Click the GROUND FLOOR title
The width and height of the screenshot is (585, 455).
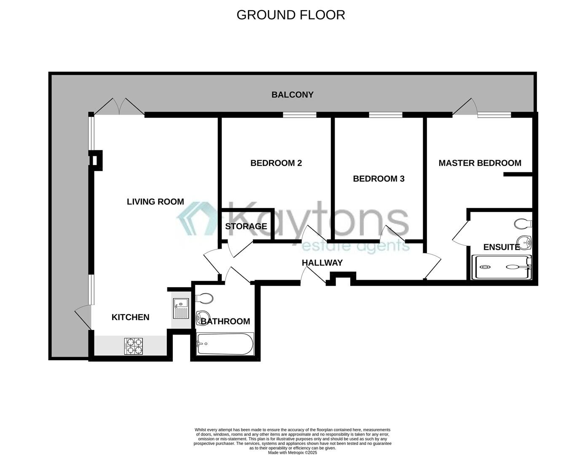(x=290, y=15)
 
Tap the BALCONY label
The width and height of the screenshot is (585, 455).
(x=292, y=95)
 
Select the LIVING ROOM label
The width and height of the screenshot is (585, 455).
(x=155, y=202)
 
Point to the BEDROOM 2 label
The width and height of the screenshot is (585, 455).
(x=276, y=163)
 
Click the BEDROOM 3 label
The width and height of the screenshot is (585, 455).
(x=378, y=179)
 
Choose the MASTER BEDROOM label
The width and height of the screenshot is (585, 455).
(x=480, y=163)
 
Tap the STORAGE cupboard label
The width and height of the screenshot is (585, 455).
(x=246, y=226)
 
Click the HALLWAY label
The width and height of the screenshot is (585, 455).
(x=322, y=263)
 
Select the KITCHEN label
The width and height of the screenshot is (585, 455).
(x=130, y=317)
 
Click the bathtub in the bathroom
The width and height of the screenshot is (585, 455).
(x=225, y=344)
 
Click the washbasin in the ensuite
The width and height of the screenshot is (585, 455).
(x=525, y=242)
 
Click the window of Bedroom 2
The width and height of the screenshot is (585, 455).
(x=299, y=115)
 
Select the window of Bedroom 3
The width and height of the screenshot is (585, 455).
(x=385, y=115)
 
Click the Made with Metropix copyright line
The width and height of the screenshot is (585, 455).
(x=292, y=452)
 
